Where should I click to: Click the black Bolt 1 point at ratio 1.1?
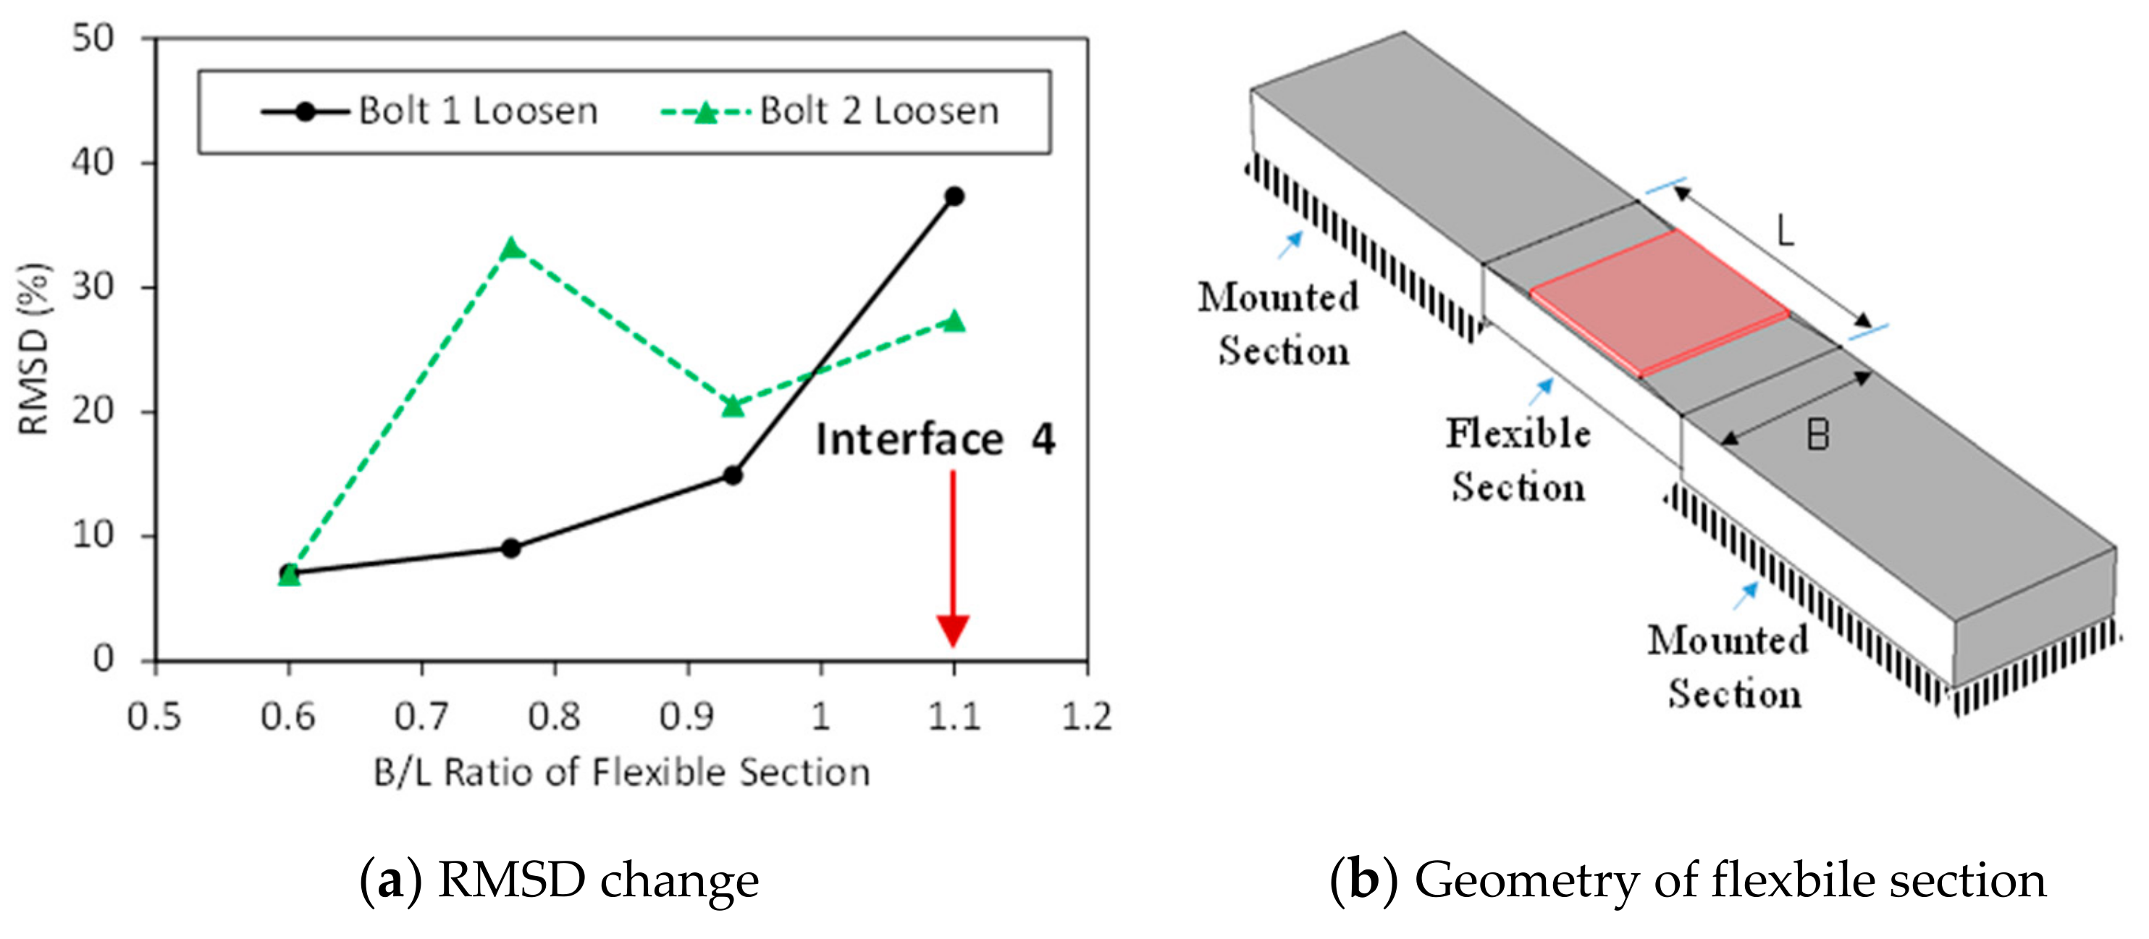954,197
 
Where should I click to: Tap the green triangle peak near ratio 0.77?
512,249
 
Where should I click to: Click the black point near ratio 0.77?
511,548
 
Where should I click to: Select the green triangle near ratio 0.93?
733,406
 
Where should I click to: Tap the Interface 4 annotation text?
934,440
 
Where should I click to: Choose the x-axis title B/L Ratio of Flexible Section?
621,773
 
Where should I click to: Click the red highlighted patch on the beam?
1659,304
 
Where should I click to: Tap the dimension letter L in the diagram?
1784,231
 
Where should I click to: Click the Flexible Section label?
1518,460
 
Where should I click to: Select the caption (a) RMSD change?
559,880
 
